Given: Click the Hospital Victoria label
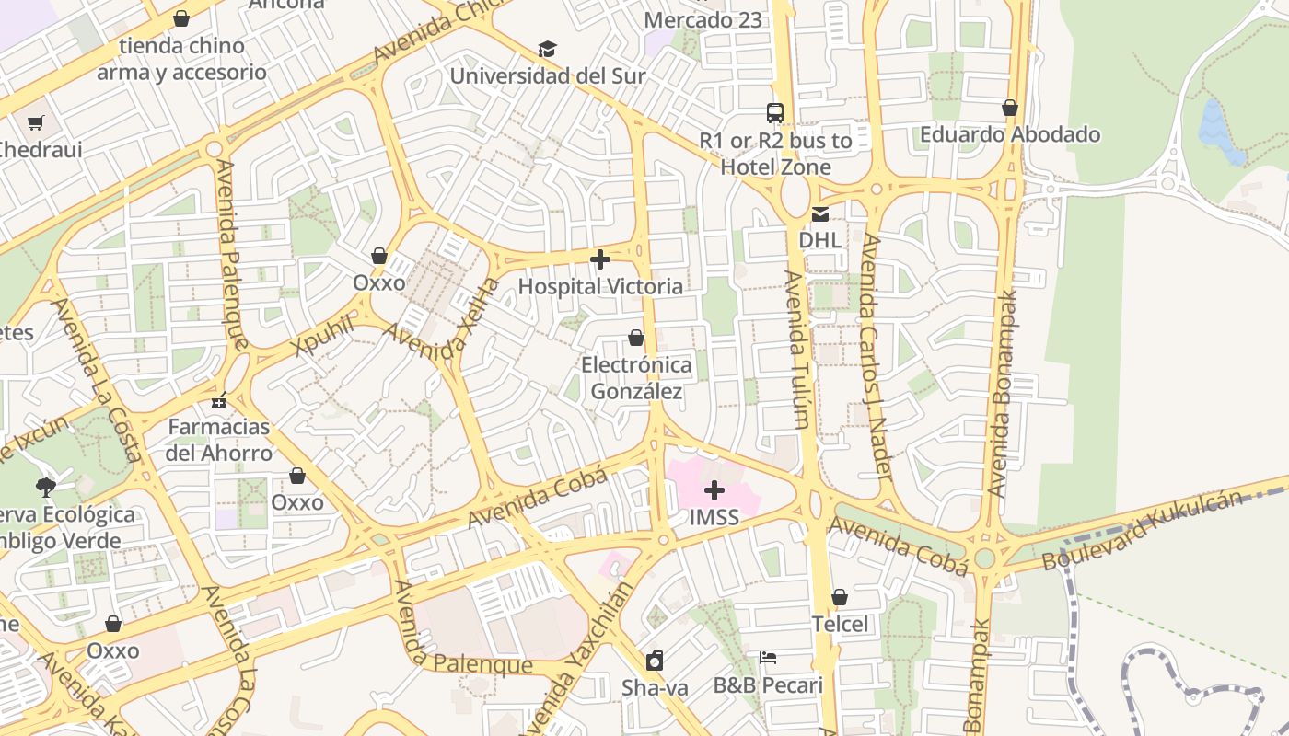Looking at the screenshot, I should [600, 286].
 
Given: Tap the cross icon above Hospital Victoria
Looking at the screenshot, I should [600, 260].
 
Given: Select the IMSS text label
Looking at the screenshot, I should [714, 517].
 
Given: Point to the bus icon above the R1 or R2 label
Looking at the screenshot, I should [775, 113].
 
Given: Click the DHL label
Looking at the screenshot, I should [819, 240].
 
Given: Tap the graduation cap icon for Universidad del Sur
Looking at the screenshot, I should [548, 49].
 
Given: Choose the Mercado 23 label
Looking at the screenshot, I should [703, 19].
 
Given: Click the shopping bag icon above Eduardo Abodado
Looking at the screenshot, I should [1010, 108].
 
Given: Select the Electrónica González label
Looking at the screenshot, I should [636, 378].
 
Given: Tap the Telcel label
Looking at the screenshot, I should [840, 624].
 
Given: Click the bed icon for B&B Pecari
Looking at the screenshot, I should [768, 658].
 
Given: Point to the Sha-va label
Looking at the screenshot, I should [655, 687].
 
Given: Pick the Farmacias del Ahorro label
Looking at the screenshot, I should [219, 440].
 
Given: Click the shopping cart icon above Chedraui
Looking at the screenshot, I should [36, 122].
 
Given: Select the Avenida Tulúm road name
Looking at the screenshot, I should [797, 350].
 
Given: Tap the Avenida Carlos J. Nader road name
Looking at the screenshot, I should [876, 357].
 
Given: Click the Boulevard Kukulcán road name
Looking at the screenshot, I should [1142, 531].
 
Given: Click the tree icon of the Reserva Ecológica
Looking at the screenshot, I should [45, 487].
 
